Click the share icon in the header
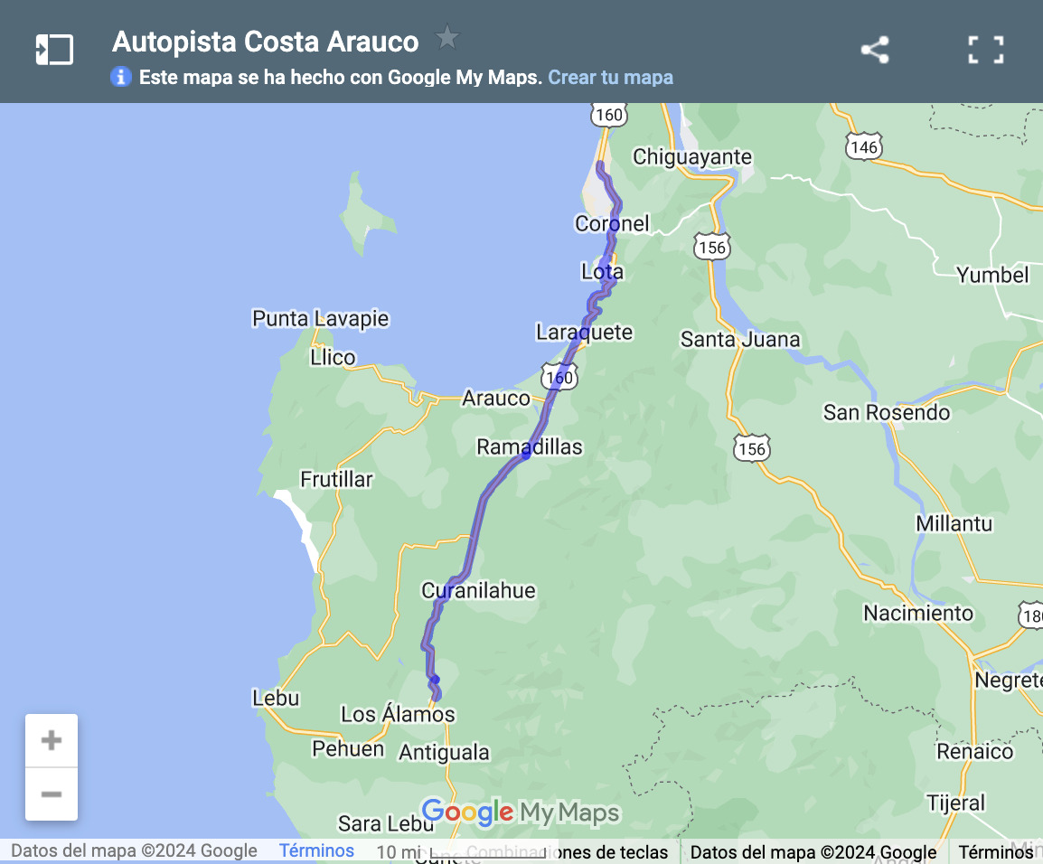[875, 50]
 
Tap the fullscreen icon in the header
[985, 50]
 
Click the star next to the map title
[447, 38]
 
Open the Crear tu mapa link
[610, 77]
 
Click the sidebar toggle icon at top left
[54, 50]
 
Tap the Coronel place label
[612, 223]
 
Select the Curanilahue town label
[478, 591]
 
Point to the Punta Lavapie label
[320, 318]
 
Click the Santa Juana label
[740, 340]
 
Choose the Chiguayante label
[692, 157]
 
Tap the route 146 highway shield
[864, 146]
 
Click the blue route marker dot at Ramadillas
[526, 455]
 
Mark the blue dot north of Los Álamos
[435, 679]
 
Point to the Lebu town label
[276, 698]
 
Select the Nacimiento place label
[918, 614]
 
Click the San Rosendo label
[887, 413]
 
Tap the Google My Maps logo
[521, 812]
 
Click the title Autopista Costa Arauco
[266, 42]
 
